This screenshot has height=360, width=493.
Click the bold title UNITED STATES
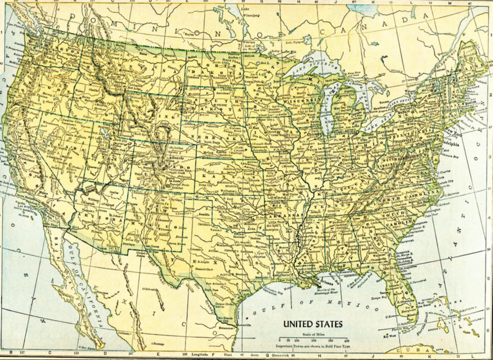point(313,324)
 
